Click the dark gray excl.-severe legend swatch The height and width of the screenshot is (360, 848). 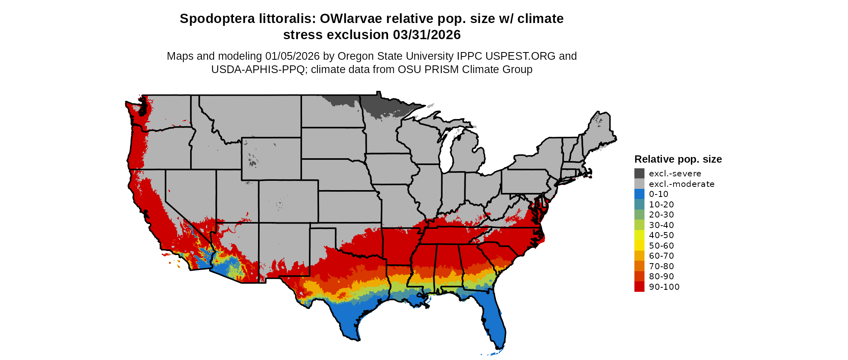coord(639,174)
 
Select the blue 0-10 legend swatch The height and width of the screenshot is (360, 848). coord(639,194)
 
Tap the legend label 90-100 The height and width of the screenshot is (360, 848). coord(664,287)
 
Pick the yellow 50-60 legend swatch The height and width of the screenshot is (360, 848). coord(639,245)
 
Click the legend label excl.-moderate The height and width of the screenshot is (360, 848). coord(681,184)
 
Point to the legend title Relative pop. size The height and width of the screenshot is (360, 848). coord(678,159)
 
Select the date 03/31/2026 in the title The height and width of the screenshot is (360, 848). coord(427,35)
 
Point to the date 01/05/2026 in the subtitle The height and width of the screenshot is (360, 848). coord(292,56)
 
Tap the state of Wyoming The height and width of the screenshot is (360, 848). coord(271,159)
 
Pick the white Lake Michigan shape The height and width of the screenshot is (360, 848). coord(445,153)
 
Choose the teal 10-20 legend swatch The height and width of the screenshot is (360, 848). coord(639,204)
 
